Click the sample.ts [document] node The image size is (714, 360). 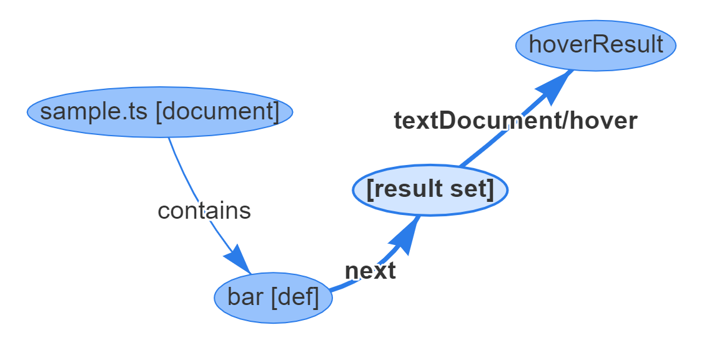[160, 112]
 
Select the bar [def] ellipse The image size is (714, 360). [273, 297]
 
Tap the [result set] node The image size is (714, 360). [430, 189]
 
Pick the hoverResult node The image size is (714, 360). [596, 45]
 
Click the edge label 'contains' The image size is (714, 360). [204, 211]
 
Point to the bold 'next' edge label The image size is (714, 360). [370, 271]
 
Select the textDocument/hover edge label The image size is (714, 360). [515, 121]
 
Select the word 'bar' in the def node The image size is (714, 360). [245, 297]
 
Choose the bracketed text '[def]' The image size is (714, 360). [295, 297]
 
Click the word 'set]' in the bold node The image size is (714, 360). [474, 189]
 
